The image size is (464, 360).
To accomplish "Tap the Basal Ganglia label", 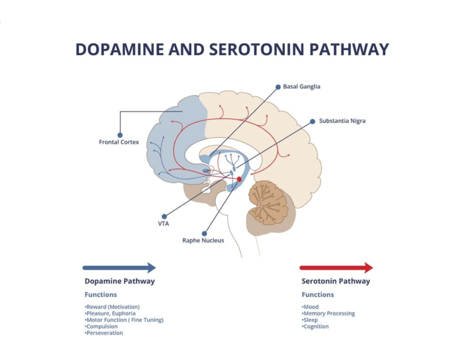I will [302, 87].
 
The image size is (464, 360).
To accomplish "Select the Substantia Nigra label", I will [342, 121].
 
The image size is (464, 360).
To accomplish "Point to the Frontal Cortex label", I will [119, 142].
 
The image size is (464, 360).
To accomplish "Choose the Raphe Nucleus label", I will [203, 240].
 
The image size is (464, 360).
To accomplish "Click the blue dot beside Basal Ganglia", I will [278, 87].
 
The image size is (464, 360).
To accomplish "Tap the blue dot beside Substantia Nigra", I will [313, 121].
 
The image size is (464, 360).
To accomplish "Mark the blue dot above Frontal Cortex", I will [120, 135].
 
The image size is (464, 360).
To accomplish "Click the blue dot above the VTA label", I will [164, 217].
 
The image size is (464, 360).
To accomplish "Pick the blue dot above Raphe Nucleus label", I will [204, 233].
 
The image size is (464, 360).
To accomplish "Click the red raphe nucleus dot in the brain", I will [239, 179].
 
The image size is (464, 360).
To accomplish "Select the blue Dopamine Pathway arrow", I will [119, 267].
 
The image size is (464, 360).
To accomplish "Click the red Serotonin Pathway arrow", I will [336, 267].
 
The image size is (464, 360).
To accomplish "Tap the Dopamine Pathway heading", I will [120, 281].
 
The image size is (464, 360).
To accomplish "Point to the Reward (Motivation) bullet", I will [112, 307].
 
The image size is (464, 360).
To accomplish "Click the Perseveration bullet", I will [104, 333].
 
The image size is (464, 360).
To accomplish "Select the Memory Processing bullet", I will [328, 313].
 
